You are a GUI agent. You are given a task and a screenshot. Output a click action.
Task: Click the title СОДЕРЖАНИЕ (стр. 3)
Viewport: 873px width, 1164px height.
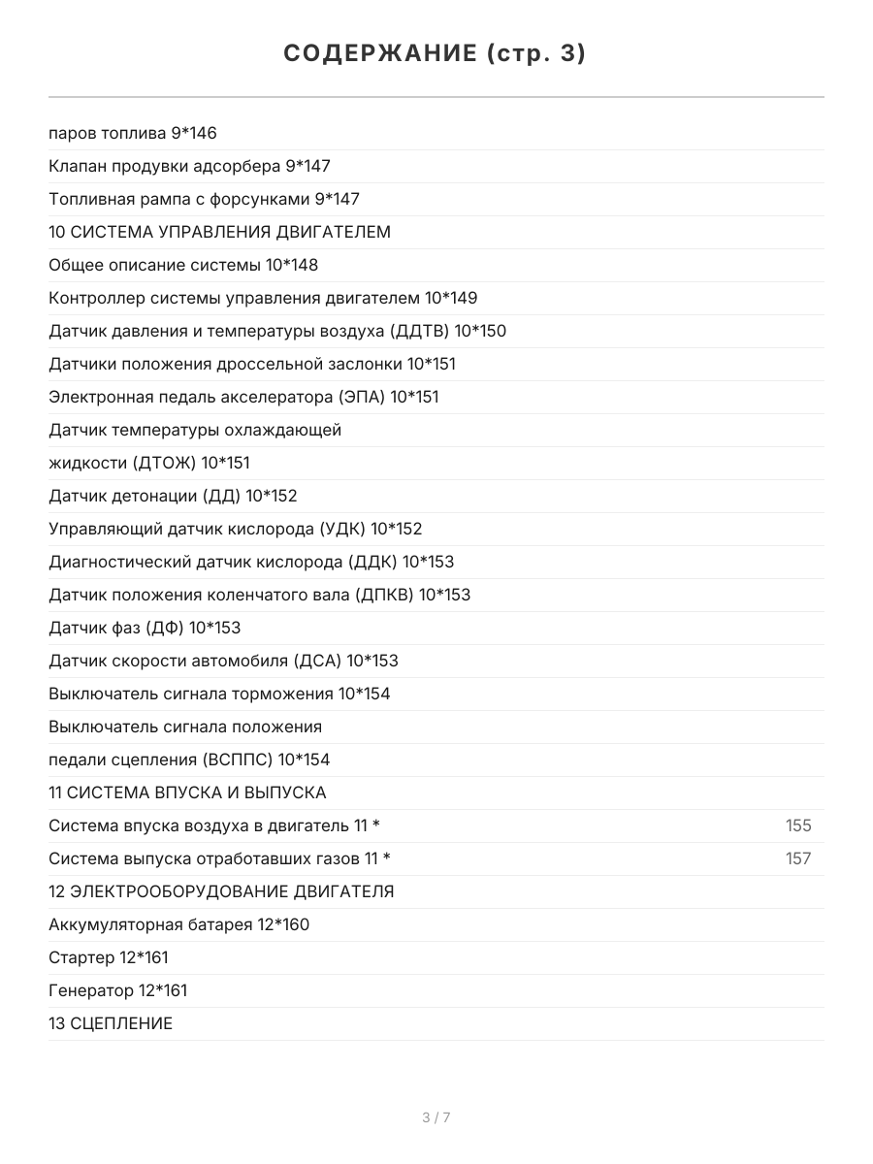[x=436, y=53]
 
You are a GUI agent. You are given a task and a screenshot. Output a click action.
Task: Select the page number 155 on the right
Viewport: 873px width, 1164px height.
[x=797, y=826]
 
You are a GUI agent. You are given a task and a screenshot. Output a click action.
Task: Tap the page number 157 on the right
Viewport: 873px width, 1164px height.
[x=797, y=859]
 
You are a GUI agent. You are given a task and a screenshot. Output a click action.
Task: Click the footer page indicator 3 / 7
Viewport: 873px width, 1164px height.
[x=436, y=1117]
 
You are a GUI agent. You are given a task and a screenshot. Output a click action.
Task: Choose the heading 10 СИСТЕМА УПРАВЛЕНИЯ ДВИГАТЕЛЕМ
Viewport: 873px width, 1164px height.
[x=219, y=233]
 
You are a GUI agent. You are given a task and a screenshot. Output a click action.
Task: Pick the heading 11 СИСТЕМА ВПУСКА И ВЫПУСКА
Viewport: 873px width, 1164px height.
[x=187, y=793]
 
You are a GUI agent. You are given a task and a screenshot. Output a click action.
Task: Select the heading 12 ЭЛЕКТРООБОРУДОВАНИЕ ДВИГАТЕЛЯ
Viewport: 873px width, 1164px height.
[x=221, y=892]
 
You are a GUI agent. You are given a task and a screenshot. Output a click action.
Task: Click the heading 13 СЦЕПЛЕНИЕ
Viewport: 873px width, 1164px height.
[x=111, y=1024]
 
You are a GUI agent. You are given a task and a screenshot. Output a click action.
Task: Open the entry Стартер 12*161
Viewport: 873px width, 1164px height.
[x=109, y=958]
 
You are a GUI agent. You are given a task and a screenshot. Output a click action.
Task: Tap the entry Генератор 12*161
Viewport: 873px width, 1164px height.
[x=118, y=991]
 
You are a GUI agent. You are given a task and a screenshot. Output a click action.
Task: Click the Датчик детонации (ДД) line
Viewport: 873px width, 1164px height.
[x=173, y=497]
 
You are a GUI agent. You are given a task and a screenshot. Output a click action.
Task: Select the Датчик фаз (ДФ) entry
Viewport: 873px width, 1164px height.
[x=145, y=629]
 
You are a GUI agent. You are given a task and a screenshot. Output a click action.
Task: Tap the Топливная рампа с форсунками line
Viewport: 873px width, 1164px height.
[x=204, y=200]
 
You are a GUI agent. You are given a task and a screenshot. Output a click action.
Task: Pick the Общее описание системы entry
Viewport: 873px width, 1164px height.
[x=183, y=266]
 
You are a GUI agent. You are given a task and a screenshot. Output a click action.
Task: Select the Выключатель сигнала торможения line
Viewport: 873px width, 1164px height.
[x=219, y=695]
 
